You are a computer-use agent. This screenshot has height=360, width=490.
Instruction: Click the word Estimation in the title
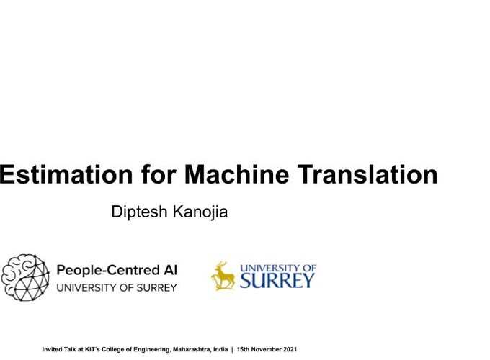tap(66, 174)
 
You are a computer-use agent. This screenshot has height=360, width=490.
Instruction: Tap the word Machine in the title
tap(236, 174)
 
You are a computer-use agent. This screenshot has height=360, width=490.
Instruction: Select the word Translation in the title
tap(367, 174)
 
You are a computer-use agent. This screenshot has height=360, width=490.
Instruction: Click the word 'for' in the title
tap(159, 174)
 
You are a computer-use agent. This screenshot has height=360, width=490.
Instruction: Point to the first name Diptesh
tap(139, 212)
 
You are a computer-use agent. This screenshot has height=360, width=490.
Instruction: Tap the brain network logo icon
tap(25, 278)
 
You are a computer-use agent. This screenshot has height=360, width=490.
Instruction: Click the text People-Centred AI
tap(117, 270)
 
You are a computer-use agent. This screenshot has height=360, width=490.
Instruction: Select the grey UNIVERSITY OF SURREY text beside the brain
tap(117, 287)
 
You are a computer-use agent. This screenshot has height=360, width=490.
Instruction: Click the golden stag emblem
tap(223, 276)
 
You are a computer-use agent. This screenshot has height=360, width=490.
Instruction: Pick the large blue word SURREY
tap(277, 280)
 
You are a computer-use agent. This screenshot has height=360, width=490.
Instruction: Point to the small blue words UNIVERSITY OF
tap(278, 268)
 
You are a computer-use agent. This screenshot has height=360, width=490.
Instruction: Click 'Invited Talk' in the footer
tap(59, 349)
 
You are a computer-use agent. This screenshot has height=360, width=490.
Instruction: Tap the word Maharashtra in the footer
tap(192, 350)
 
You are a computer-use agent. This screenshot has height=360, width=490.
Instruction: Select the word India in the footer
tap(220, 349)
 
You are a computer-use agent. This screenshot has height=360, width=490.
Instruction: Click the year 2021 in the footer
tap(290, 349)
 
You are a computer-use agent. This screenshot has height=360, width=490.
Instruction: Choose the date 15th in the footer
tap(243, 349)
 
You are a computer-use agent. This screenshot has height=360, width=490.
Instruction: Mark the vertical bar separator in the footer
tap(232, 350)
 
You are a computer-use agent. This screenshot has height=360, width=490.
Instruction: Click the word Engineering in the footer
tap(153, 350)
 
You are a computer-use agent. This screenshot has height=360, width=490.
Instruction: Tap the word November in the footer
tap(267, 349)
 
